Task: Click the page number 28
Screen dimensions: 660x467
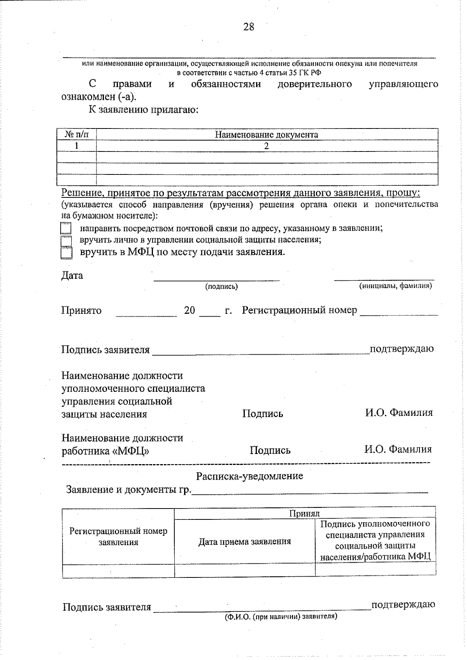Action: (249, 27)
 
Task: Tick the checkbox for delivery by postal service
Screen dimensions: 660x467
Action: (66, 228)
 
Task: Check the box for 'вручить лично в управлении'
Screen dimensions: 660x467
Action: (66, 241)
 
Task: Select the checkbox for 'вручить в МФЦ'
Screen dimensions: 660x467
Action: (66, 253)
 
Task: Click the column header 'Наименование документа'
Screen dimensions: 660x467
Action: (267, 135)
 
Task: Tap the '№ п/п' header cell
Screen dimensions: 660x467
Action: (76, 135)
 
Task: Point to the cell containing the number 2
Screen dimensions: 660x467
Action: (267, 146)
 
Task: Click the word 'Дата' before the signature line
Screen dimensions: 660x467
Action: (72, 276)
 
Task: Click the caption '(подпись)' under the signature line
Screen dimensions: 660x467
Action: (221, 287)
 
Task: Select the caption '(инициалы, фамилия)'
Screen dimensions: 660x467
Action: (395, 286)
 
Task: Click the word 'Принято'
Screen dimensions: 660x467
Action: (81, 311)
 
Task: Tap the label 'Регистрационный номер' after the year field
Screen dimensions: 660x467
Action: (299, 310)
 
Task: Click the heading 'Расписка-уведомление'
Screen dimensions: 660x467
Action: (249, 476)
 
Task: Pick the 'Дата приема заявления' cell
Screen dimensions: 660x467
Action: (244, 541)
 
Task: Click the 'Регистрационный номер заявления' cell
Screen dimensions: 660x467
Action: (118, 537)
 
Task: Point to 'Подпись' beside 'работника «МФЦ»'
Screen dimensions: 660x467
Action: (270, 451)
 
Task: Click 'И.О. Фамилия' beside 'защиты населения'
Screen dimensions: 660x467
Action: (399, 413)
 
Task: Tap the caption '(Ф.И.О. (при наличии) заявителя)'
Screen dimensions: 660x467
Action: (281, 617)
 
